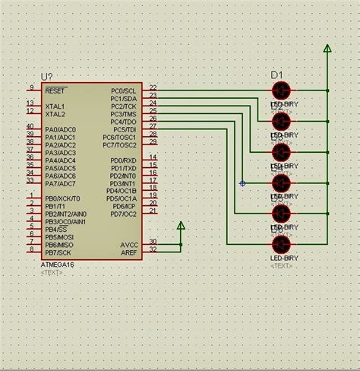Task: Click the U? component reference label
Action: coord(46,77)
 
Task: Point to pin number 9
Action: coord(31,87)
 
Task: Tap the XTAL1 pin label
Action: coord(55,106)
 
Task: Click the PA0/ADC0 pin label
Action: coord(60,130)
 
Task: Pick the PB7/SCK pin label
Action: coord(58,252)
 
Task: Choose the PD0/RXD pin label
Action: coord(123,161)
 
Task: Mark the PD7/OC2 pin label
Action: coord(123,214)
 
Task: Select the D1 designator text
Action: coord(276,75)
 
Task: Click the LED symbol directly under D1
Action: coord(281,90)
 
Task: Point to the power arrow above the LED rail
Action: coord(327,49)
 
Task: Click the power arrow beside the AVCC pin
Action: coord(181,226)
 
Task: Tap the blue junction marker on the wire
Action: coord(242,183)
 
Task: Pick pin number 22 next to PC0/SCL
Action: coord(153,87)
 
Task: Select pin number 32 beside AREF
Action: coord(153,249)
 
